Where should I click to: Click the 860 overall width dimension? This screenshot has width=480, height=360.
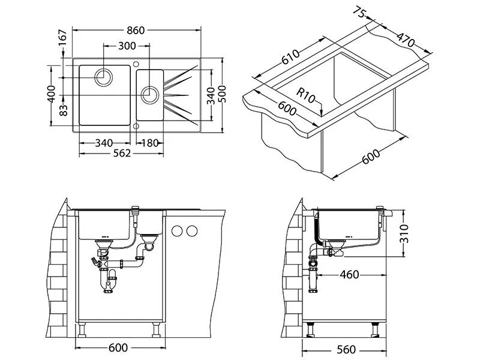click(136, 30)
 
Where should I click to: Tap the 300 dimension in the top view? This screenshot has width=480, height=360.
click(127, 46)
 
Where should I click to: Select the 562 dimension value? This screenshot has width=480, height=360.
click(121, 152)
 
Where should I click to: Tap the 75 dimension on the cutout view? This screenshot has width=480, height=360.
click(360, 13)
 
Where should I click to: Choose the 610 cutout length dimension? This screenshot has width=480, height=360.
click(291, 59)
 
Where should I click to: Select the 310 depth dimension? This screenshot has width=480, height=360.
click(405, 232)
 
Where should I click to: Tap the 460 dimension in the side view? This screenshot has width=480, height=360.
click(349, 275)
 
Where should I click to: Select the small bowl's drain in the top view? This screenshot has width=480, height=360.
click(149, 94)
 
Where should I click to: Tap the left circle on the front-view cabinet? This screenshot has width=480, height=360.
click(177, 230)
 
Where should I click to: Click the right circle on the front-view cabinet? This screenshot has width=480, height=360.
click(192, 230)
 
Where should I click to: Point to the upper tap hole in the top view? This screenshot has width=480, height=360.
click(136, 63)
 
